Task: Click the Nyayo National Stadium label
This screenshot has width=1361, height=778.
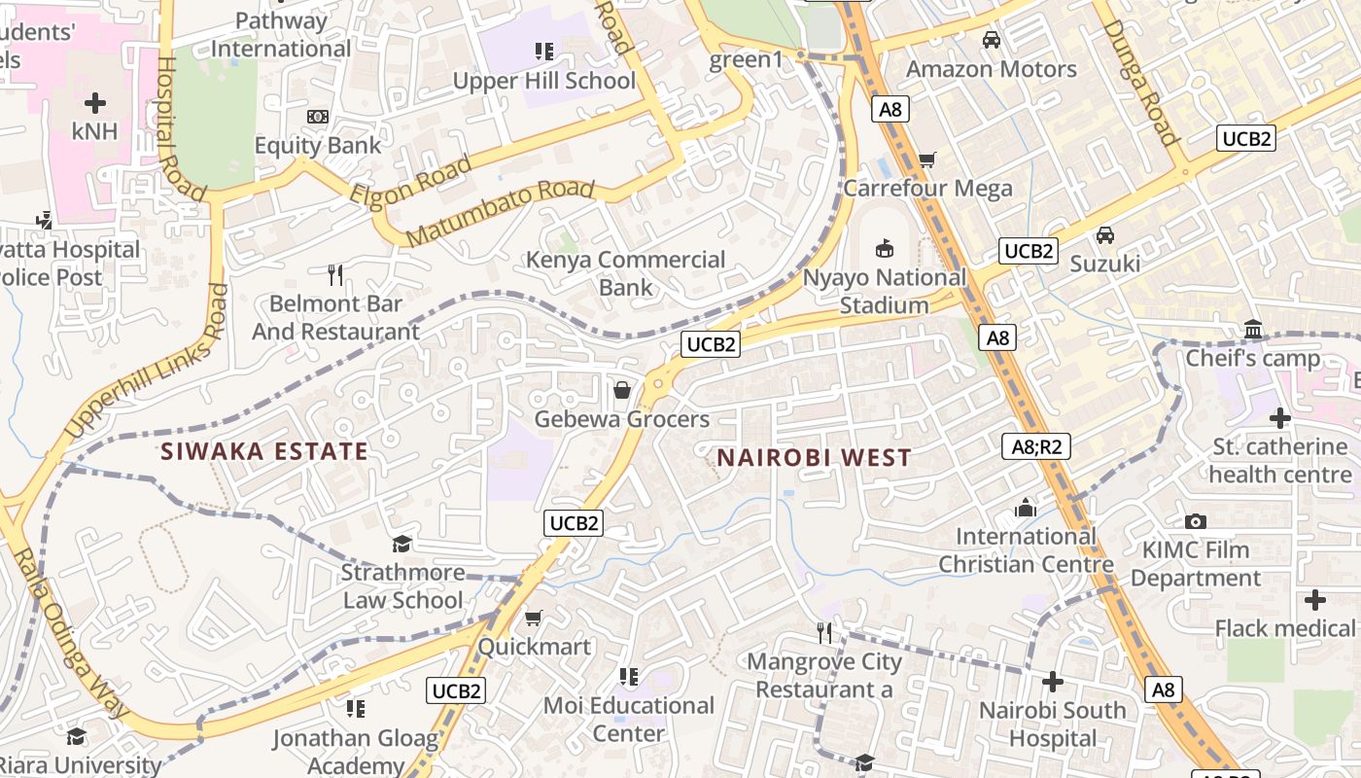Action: (x=884, y=292)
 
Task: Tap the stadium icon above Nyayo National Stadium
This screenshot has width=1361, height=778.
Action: (x=885, y=249)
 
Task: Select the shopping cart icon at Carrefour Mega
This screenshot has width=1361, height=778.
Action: (x=927, y=159)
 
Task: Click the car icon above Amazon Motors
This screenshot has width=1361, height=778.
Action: (x=992, y=41)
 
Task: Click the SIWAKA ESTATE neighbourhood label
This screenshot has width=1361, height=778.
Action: (x=264, y=451)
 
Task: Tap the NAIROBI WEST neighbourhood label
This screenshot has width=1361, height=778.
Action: (x=814, y=458)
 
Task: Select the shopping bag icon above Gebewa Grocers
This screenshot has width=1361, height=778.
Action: (x=622, y=391)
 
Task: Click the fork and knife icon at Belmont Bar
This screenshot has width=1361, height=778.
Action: (x=335, y=275)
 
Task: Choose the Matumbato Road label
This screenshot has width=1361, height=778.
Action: (x=500, y=213)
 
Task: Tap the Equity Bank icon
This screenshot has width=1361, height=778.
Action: (x=317, y=117)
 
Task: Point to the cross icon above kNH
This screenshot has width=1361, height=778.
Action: (x=95, y=102)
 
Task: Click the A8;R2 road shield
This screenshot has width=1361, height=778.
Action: (x=1035, y=446)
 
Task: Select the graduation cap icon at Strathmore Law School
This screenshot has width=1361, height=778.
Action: (x=401, y=544)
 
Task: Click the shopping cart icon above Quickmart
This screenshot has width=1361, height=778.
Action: (x=534, y=619)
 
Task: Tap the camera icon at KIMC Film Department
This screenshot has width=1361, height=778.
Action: (x=1196, y=522)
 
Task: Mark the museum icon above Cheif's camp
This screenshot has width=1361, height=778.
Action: (x=1252, y=331)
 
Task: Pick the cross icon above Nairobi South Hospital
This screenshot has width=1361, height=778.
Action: (x=1052, y=682)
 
